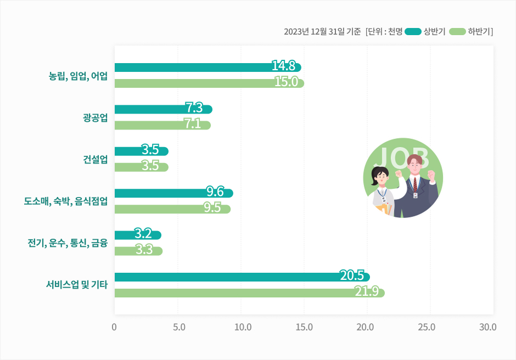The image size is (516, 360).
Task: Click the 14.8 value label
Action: tap(284, 66)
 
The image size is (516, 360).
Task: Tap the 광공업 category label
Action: tap(95, 117)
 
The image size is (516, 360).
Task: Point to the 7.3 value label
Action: tap(194, 108)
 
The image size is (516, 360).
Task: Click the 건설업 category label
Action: tap(95, 160)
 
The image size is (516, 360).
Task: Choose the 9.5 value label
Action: tap(212, 208)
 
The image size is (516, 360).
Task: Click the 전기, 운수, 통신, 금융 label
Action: tap(68, 243)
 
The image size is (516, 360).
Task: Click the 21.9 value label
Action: tap(366, 291)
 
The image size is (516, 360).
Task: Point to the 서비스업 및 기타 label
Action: tap(76, 285)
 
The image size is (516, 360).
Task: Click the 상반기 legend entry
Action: tap(425, 31)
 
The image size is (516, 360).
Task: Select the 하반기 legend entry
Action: tap(470, 31)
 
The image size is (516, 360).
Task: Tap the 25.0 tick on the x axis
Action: tap(427, 327)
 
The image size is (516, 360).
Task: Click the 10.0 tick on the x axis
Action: tap(243, 327)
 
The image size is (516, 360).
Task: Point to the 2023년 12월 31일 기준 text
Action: tap(322, 31)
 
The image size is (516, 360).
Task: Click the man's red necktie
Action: tap(416, 184)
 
